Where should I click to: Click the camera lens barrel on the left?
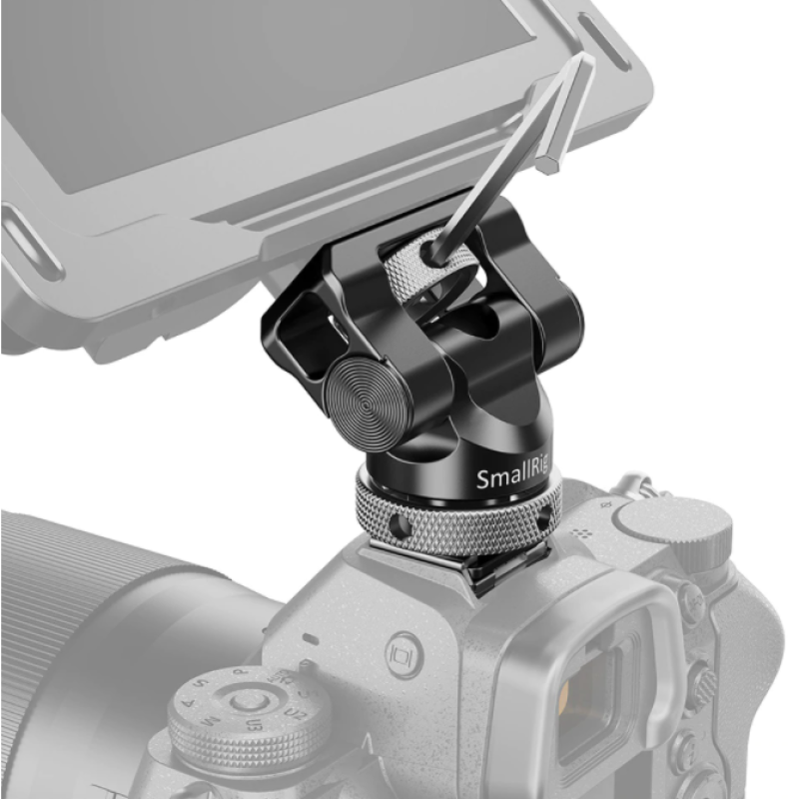(90, 619)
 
